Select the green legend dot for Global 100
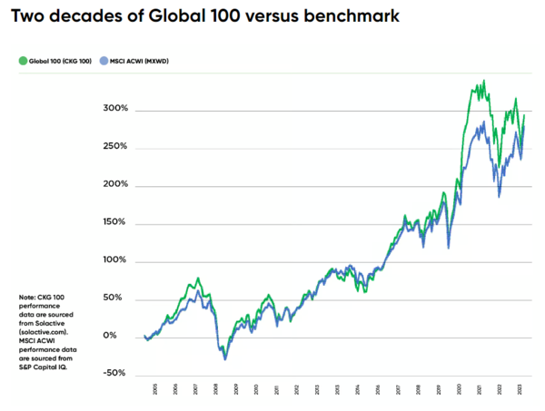[x=22, y=61]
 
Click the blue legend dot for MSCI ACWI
[x=104, y=61]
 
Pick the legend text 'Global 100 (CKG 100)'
[x=59, y=61]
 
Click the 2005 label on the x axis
[x=155, y=388]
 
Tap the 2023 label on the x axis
[x=519, y=388]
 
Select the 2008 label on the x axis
[x=216, y=388]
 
